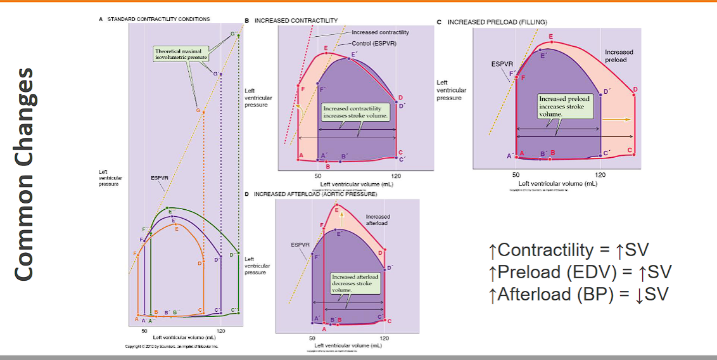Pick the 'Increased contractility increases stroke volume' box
(356, 112)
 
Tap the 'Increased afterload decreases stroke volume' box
(355, 283)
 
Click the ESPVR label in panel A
(160, 178)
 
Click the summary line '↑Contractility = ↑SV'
(569, 250)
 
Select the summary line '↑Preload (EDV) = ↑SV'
(580, 272)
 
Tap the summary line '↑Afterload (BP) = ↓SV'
(578, 294)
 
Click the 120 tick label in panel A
(221, 331)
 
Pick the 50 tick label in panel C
(516, 174)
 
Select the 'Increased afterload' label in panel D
(378, 220)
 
